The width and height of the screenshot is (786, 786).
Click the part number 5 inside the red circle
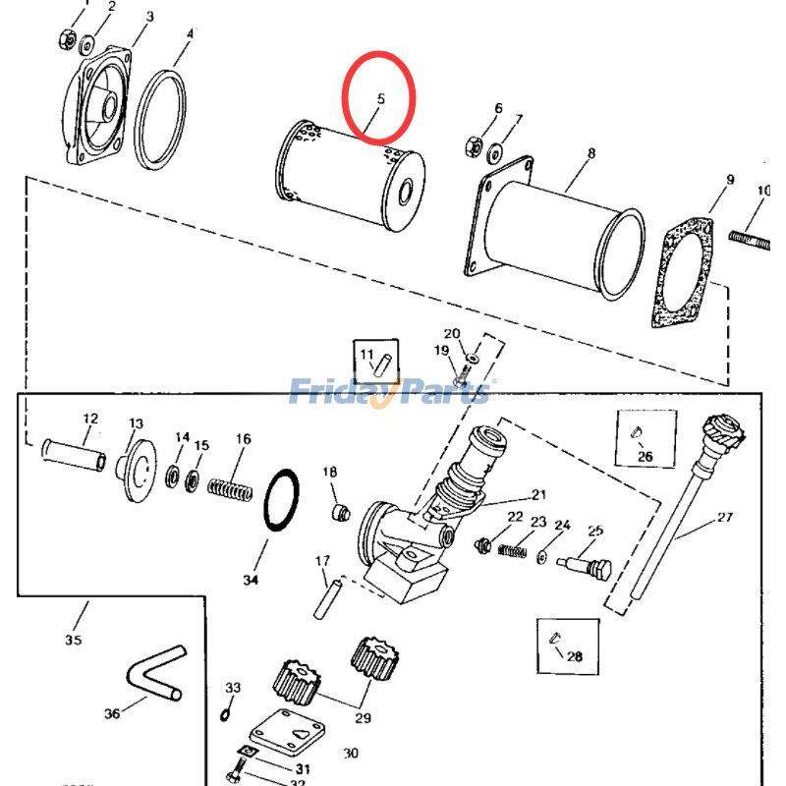380,99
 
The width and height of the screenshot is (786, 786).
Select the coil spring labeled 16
230,489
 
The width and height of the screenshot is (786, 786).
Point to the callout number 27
725,517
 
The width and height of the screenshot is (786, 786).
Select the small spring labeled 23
512,551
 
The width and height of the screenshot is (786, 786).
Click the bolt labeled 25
586,567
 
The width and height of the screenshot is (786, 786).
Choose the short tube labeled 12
74,454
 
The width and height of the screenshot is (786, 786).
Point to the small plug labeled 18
341,513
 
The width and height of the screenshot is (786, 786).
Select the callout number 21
538,495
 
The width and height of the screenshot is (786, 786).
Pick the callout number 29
363,718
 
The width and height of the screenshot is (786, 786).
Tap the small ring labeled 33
226,714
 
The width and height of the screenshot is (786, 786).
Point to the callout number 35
73,640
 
